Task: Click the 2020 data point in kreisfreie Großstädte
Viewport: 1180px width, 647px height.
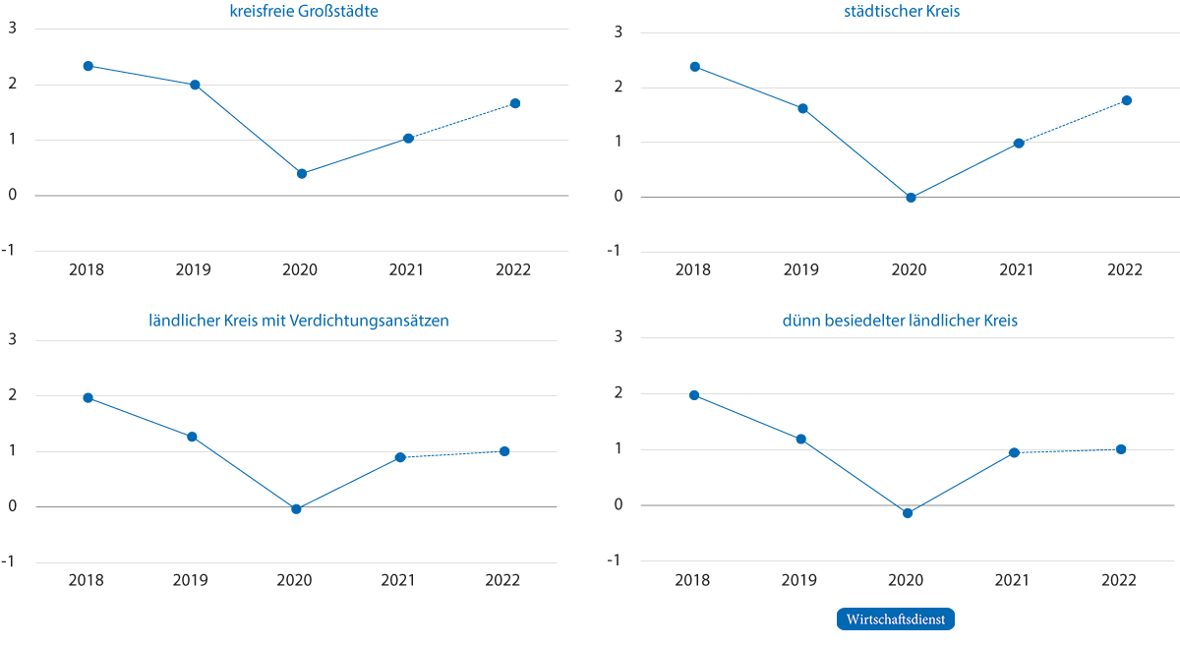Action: (x=302, y=174)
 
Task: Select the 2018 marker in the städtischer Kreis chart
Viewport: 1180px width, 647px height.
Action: (x=695, y=67)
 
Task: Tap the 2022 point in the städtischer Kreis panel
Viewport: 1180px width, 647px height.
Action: (x=1127, y=100)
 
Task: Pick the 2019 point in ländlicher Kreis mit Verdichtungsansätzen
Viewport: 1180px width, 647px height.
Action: (x=193, y=437)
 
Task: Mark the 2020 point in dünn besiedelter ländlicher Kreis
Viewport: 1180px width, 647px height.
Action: (x=908, y=513)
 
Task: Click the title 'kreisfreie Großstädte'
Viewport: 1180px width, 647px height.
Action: (x=304, y=11)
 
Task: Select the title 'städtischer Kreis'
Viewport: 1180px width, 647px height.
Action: (x=902, y=11)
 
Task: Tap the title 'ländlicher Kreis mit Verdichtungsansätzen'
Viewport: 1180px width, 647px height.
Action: (x=299, y=321)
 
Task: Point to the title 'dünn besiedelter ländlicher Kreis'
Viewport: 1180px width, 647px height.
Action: (x=900, y=321)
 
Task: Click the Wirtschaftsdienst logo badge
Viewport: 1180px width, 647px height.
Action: (x=896, y=619)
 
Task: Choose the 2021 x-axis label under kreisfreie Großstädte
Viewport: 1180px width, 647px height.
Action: (x=406, y=269)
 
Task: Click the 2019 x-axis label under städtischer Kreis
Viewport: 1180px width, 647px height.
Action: (x=800, y=269)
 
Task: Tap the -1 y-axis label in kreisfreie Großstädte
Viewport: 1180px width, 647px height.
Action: (x=9, y=250)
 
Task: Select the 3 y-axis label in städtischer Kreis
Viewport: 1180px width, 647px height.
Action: (x=619, y=32)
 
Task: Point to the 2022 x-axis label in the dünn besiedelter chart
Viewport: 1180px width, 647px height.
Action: (x=1119, y=580)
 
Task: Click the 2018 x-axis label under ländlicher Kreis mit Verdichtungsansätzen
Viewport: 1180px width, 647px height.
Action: (x=87, y=580)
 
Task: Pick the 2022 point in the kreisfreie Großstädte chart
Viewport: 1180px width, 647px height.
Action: (x=515, y=103)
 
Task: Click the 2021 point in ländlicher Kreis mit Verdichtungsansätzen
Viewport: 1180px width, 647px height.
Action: (x=400, y=457)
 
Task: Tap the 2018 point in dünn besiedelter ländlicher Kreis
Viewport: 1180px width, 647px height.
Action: (x=694, y=395)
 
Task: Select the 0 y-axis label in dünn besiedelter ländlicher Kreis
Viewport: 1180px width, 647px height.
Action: (x=619, y=504)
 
